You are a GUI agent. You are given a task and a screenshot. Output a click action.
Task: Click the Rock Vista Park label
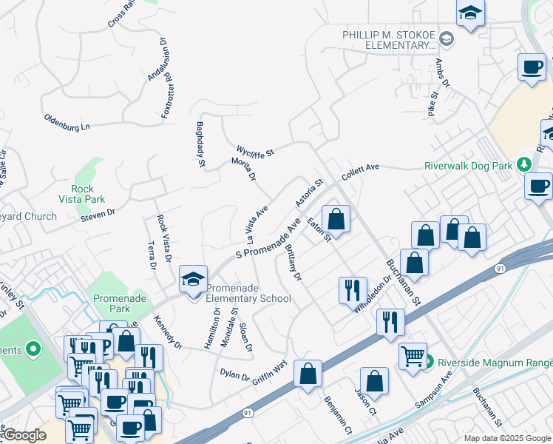pos(82,194)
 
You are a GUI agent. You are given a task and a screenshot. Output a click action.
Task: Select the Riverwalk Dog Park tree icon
pos(524,164)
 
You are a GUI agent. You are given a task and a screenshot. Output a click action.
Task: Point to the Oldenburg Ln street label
pos(67,122)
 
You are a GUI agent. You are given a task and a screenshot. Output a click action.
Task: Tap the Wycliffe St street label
pos(255,152)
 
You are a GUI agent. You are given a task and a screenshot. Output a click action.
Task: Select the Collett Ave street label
pos(360,172)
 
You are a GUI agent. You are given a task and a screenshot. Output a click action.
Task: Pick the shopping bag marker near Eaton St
pos(336,219)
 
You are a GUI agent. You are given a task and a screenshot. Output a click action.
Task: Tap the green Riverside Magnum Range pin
pos(428,362)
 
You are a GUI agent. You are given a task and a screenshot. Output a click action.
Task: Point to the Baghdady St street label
pos(200,144)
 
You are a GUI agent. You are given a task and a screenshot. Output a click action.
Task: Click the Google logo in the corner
pos(24,435)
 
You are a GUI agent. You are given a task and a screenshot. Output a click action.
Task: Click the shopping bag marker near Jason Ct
pos(375,381)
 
